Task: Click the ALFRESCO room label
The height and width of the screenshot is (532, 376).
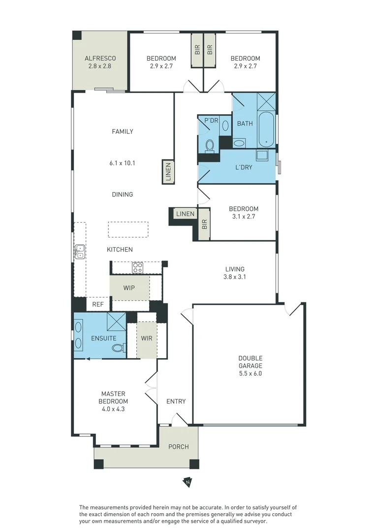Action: [100, 58]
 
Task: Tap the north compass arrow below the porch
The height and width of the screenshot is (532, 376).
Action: [188, 482]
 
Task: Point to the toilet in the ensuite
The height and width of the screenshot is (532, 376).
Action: [118, 348]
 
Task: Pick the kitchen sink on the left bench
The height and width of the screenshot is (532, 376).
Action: [80, 251]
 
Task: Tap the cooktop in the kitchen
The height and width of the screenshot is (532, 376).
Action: [138, 268]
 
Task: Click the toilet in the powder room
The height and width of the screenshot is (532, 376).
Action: [209, 146]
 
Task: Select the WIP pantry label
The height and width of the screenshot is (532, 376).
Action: [129, 288]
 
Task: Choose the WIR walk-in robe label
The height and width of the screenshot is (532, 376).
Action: [146, 338]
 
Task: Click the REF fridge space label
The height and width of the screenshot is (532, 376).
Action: [98, 305]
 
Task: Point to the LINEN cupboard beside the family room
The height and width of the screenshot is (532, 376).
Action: [168, 172]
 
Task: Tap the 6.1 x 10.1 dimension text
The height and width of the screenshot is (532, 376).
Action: [123, 163]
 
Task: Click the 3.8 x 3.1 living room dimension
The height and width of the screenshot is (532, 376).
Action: [235, 277]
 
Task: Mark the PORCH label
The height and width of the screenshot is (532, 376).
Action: [178, 447]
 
